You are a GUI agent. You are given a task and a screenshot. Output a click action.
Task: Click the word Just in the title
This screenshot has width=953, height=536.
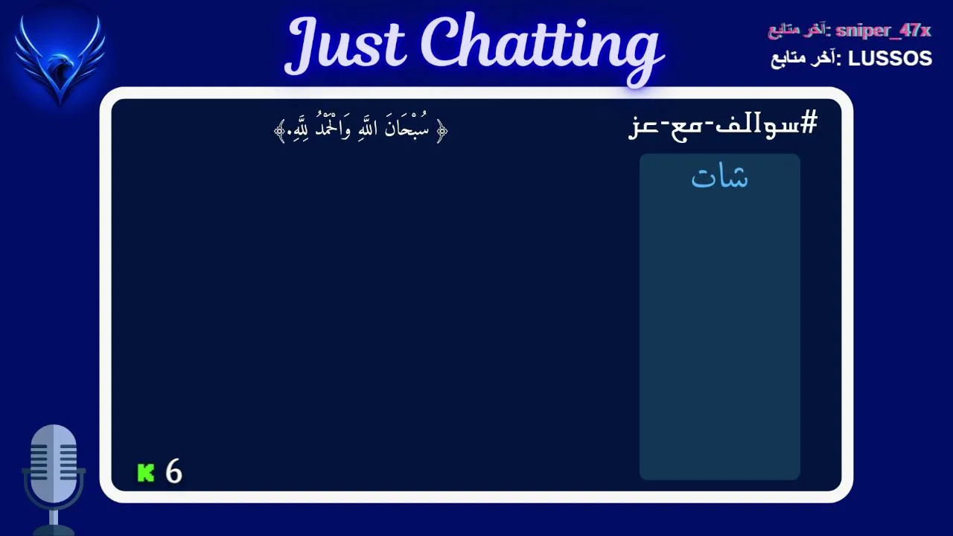coord(345,46)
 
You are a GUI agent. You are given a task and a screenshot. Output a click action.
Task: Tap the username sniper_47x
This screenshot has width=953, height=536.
coord(883,31)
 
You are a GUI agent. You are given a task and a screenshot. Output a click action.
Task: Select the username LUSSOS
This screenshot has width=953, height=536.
coord(890,59)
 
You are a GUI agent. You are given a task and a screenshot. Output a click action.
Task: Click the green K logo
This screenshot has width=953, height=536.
coord(145,473)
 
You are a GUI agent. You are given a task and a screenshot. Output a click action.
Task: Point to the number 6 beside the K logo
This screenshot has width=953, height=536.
coord(173,471)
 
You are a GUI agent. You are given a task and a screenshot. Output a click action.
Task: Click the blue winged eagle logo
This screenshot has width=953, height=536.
coord(60,60)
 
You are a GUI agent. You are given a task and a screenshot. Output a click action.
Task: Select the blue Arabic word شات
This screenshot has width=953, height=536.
coord(719,177)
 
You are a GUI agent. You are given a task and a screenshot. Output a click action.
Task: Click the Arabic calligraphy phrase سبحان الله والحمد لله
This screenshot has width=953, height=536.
coord(361,127)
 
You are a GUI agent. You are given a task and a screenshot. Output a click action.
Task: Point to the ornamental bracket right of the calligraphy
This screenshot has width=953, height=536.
coord(442,130)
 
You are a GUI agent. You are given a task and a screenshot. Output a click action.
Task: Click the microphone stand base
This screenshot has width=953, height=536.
coord(54,531)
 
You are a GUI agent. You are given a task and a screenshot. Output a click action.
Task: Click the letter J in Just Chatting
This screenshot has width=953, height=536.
coord(305,46)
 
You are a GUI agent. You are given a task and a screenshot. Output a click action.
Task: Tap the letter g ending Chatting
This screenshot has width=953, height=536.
coord(645,62)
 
